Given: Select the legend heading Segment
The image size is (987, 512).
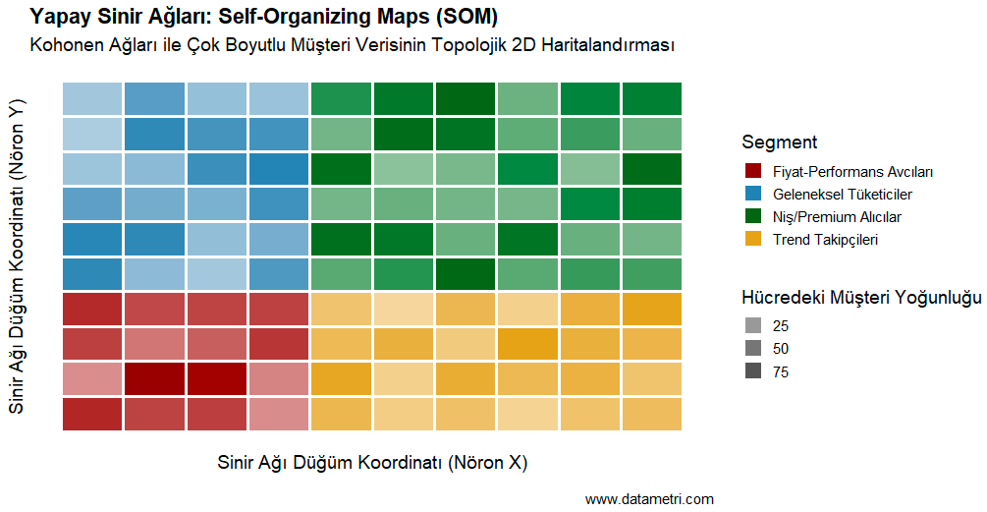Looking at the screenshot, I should click(780, 142).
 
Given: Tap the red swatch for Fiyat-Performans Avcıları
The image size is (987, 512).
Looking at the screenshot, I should click(753, 171).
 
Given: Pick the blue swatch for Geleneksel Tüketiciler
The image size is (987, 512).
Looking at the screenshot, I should click(753, 194).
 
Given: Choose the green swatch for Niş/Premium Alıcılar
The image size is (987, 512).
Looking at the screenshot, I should click(753, 216).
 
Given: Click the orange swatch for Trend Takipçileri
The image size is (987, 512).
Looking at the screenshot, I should click(753, 239).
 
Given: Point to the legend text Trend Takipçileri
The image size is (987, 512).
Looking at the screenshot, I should click(825, 239).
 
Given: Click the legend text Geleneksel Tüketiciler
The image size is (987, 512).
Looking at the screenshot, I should click(843, 194).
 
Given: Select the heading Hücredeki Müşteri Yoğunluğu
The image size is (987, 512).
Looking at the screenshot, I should click(861, 297).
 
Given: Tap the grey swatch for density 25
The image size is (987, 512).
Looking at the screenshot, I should click(753, 325).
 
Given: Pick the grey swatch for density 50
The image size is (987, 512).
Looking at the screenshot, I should click(753, 348).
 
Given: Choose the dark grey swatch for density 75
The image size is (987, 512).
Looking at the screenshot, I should click(753, 371).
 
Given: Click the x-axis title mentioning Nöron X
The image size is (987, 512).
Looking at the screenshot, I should click(372, 462).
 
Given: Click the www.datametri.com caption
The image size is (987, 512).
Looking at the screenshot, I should click(649, 499).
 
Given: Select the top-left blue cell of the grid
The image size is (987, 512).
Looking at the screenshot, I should click(92, 99).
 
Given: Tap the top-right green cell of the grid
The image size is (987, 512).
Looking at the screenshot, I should click(651, 99).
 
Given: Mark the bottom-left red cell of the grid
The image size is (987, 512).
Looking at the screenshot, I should click(92, 414).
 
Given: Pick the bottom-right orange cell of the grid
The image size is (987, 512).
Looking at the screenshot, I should click(651, 414).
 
